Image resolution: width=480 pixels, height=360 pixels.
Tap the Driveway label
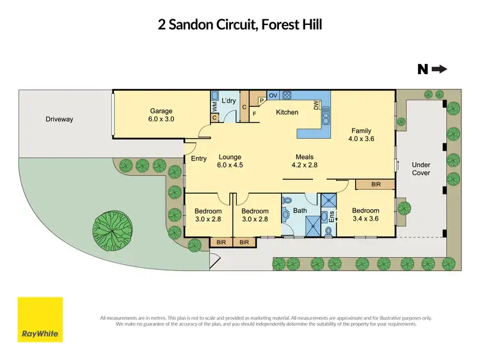[60, 119]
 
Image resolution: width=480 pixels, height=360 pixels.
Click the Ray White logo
[40, 320]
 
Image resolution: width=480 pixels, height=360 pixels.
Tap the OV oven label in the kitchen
[273, 95]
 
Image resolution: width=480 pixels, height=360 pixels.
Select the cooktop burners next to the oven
[287, 95]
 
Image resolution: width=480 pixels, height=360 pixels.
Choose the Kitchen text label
[287, 113]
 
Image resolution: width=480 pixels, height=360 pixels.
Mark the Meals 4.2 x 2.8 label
[304, 160]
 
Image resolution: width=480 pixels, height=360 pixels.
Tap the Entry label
[198, 159]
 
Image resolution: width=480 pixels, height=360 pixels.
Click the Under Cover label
[420, 169]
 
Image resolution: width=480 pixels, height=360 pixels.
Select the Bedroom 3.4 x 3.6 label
[365, 214]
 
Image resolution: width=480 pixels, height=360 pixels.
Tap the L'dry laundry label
[229, 101]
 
